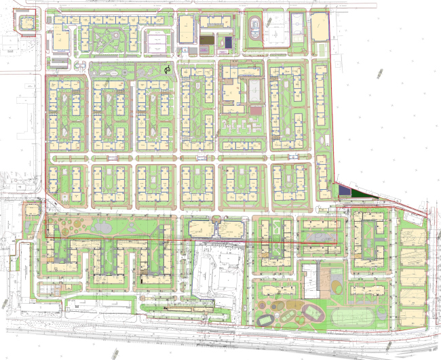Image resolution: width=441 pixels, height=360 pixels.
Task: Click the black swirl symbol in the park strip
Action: pos(168,68)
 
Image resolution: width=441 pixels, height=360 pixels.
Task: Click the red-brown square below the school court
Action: pos(256,110)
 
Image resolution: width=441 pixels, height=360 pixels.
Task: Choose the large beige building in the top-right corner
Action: pos(320,27)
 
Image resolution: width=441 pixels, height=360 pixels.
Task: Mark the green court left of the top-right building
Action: pos(299,27)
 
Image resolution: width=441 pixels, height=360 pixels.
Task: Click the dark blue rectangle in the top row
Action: pos(228,41)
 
